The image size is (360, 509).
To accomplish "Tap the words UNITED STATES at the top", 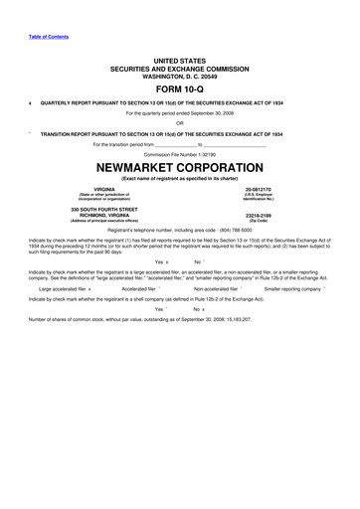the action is [180, 61].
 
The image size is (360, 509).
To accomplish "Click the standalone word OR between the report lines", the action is [180, 122].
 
